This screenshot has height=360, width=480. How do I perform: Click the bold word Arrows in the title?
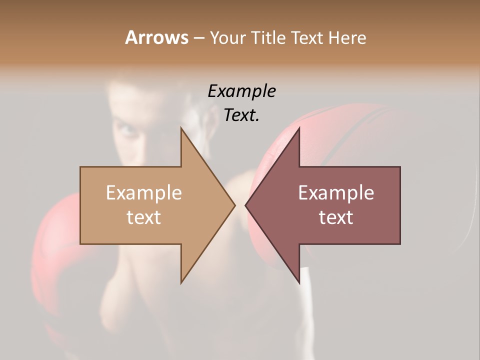click(x=156, y=37)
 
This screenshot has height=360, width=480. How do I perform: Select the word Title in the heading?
click(x=267, y=38)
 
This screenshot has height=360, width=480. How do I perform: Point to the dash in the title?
click(x=198, y=38)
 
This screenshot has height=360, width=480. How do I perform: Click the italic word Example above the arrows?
click(x=241, y=91)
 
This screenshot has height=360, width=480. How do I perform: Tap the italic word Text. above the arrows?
click(x=241, y=115)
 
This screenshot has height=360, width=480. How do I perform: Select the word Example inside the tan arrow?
click(x=144, y=193)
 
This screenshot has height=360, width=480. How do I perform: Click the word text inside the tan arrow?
click(x=144, y=217)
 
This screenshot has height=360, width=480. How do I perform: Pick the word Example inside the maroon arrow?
click(x=336, y=193)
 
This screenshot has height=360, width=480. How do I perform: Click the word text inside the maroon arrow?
click(x=336, y=217)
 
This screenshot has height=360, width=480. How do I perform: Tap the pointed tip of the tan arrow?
click(x=234, y=205)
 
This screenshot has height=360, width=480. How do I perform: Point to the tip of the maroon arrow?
click(x=246, y=205)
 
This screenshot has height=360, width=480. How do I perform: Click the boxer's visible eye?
click(x=128, y=131)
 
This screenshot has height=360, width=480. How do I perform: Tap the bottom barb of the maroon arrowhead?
click(x=298, y=281)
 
